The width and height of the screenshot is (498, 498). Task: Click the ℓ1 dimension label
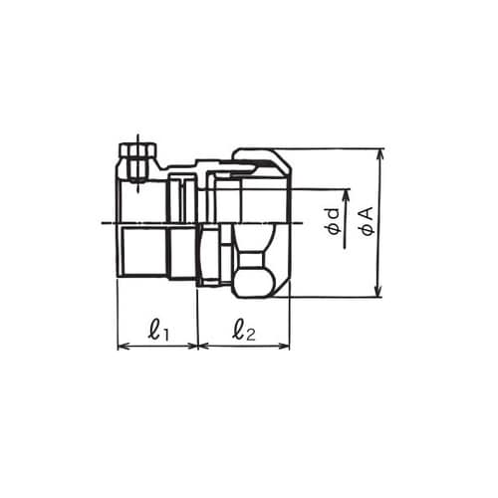coord(158,331)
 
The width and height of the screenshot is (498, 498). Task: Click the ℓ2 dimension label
coord(244,331)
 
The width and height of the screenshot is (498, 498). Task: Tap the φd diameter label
coord(334,222)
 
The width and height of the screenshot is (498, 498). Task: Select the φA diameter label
coord(368,221)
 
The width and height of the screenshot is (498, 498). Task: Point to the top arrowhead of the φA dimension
coord(378,155)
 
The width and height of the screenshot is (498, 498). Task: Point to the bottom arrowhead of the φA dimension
coord(378,291)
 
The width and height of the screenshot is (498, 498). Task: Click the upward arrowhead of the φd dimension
coord(346,196)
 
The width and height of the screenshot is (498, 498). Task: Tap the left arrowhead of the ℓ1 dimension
coord(124,347)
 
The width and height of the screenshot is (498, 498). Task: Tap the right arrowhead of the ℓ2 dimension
coord(283,347)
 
